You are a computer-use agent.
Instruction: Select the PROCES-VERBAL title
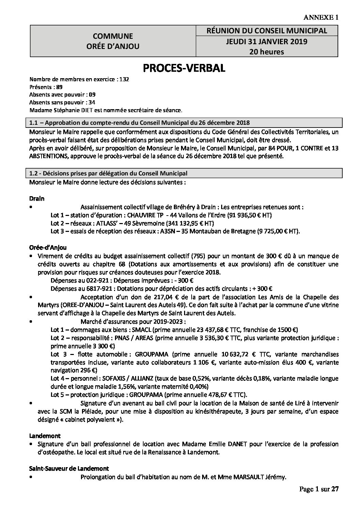click(x=184, y=68)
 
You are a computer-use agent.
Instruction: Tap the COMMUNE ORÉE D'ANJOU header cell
click(x=113, y=41)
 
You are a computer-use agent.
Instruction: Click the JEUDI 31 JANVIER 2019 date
click(x=267, y=41)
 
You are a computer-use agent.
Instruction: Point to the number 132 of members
click(x=124, y=80)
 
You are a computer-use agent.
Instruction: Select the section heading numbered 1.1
click(x=140, y=122)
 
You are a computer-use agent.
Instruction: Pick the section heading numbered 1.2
click(x=108, y=173)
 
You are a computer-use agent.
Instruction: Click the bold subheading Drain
click(x=37, y=198)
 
